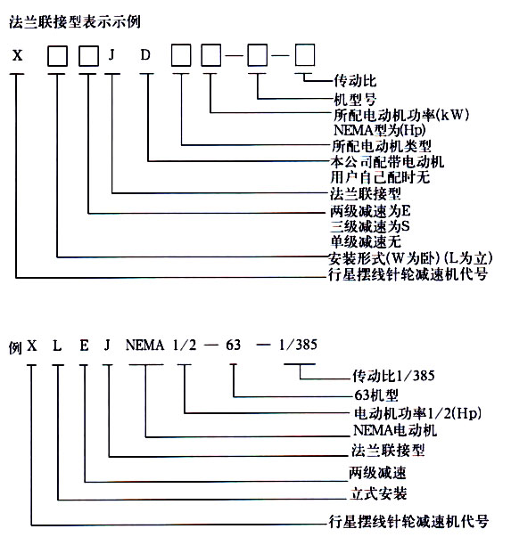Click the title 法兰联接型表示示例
75,22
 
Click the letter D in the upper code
145,55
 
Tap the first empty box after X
57,55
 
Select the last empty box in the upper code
305,54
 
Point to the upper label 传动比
355,81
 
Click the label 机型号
355,100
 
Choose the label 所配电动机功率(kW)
401,115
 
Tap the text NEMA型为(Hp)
380,130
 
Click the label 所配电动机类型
382,146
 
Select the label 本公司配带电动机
387,162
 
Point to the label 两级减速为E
370,211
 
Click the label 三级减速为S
370,226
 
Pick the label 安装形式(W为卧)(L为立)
411,258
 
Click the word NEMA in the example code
144,345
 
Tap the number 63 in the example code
234,345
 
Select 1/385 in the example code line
298,345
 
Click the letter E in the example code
84,346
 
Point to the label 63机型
376,395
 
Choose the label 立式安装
378,494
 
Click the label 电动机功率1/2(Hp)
417,413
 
